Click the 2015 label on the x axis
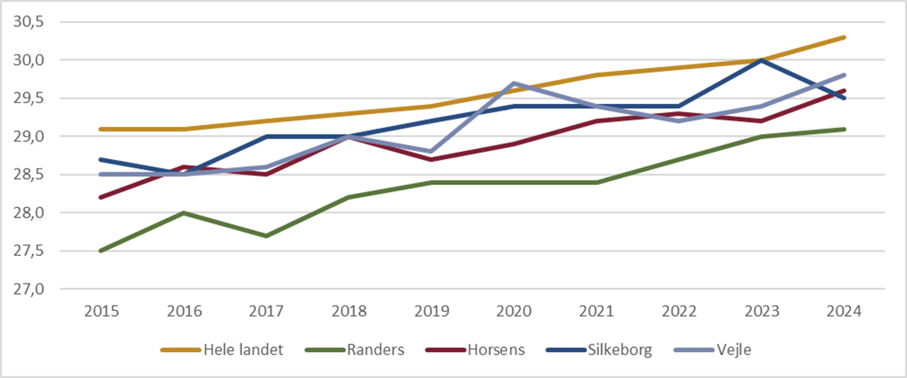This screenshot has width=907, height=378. pyautogui.click(x=101, y=311)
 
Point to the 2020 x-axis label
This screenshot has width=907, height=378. pyautogui.click(x=515, y=311)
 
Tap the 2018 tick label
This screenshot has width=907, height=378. pyautogui.click(x=349, y=311)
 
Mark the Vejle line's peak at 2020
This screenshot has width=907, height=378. pyautogui.click(x=515, y=83)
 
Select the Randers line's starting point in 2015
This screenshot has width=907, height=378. pyautogui.click(x=101, y=251)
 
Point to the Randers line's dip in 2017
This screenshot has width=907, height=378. pyautogui.click(x=266, y=235)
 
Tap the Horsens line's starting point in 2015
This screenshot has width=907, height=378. pyautogui.click(x=101, y=198)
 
